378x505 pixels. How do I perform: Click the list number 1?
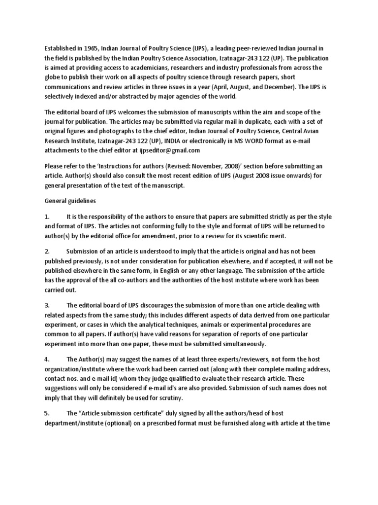pos(47,216)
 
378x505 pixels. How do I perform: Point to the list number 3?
pos(47,305)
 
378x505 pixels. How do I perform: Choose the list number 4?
pos(47,358)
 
